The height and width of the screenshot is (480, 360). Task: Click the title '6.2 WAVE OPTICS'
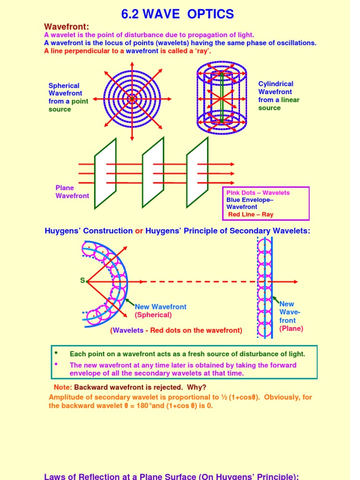(177, 14)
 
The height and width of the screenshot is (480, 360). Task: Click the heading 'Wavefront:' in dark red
(66, 27)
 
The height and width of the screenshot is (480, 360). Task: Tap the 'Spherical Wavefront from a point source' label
(68, 97)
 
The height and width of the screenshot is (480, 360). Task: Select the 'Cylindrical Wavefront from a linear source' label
(278, 96)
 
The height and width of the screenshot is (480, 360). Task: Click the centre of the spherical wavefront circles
(132, 99)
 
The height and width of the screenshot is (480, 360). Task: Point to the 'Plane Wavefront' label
(72, 192)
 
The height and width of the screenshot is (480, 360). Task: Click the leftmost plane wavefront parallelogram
(105, 173)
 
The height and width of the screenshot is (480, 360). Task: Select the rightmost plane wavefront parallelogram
(197, 173)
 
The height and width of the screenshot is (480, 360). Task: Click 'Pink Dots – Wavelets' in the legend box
(258, 193)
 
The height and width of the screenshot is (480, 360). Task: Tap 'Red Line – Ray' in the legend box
(250, 214)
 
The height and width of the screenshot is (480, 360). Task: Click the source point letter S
(82, 281)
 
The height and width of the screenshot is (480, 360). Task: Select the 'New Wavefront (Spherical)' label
(160, 310)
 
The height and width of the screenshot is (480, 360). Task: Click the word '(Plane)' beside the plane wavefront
(291, 329)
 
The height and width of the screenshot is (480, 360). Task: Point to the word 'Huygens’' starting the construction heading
(62, 231)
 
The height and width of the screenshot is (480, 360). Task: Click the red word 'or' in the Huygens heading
(139, 231)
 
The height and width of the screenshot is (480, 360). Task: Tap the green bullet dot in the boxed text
(56, 352)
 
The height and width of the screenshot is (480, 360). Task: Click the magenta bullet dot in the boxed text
(56, 364)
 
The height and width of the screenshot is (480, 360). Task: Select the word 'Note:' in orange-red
(63, 387)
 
